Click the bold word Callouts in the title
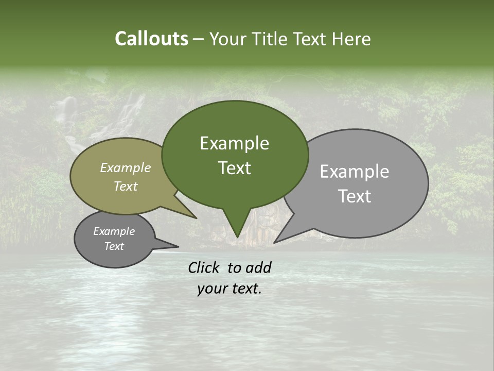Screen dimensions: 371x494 (x=151, y=39)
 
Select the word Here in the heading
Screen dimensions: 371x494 (x=351, y=39)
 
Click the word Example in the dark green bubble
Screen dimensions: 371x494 (x=234, y=143)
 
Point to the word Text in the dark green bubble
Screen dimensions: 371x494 (x=234, y=168)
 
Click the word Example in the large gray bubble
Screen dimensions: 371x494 (x=354, y=172)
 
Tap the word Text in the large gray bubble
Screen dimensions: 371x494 (x=355, y=196)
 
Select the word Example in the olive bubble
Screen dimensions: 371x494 (x=126, y=167)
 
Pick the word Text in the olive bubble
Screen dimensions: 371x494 (x=126, y=186)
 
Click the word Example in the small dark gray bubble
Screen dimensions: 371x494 (x=114, y=231)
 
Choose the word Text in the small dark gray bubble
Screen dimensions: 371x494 (x=114, y=246)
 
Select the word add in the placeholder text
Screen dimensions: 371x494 (x=258, y=267)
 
